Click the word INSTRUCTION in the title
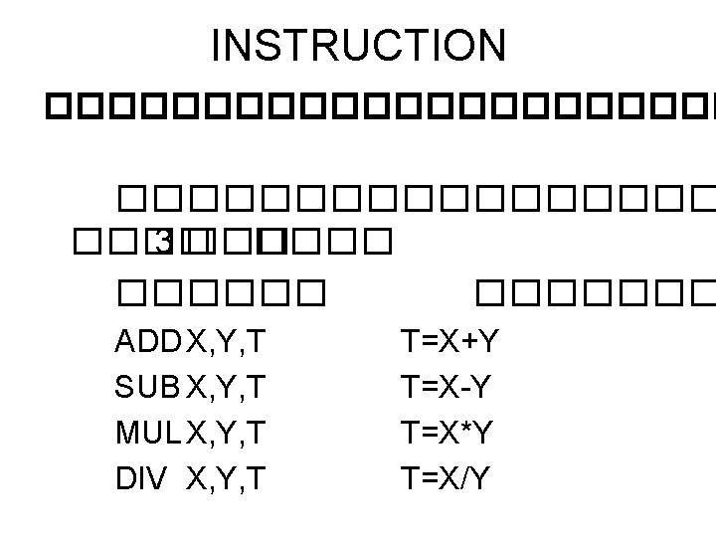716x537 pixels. tap(359, 45)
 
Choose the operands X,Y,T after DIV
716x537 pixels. tap(225, 479)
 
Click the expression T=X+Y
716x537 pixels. tap(449, 344)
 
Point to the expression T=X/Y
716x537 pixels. tap(446, 478)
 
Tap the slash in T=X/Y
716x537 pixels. tap(463, 478)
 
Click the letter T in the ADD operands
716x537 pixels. tap(256, 344)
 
